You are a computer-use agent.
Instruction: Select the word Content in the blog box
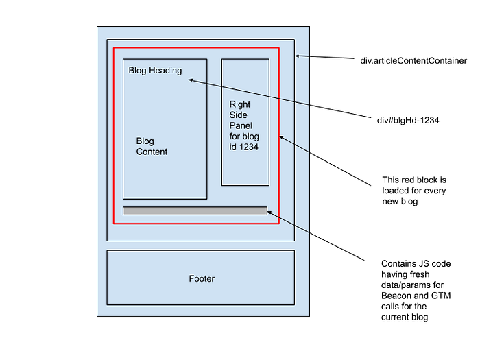tap(152, 152)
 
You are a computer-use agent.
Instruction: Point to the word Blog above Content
tap(145, 141)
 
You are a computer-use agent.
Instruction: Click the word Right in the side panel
tap(240, 105)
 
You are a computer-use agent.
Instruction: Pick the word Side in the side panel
tap(239, 115)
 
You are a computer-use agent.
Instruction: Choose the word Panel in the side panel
tap(241, 125)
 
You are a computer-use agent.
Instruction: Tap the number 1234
tap(248, 147)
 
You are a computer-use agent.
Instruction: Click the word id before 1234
tap(233, 147)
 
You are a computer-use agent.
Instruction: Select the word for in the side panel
tap(235, 136)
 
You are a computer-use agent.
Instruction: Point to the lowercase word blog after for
tap(250, 136)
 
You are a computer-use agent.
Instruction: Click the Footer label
tap(202, 279)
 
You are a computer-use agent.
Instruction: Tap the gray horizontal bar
tap(195, 211)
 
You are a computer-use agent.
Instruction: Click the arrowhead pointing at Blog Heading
tap(190, 80)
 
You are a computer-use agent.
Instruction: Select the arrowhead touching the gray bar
tap(269, 211)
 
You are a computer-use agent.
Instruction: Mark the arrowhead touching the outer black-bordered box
tap(297, 56)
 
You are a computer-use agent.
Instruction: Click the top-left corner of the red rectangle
tap(114, 47)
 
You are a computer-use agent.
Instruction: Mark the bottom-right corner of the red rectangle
tap(279, 224)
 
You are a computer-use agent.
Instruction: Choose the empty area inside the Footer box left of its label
tap(144, 279)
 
